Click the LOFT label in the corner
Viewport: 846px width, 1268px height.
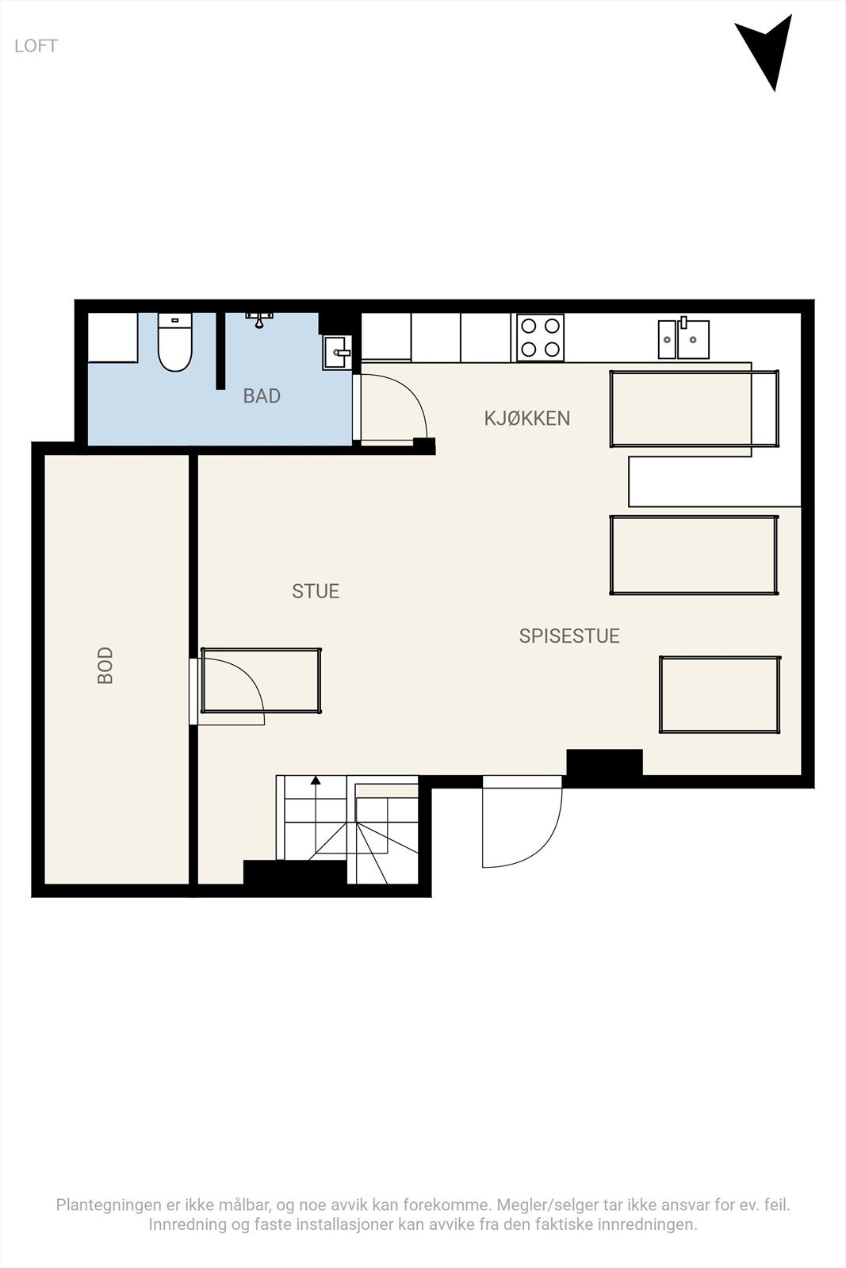tap(36, 46)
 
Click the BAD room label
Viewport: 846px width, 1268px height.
tap(262, 396)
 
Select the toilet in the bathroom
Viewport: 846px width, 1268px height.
tap(175, 345)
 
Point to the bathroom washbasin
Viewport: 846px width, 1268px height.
tap(336, 353)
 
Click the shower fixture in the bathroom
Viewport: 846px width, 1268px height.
tap(258, 319)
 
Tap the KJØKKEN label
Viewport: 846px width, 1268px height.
tap(527, 418)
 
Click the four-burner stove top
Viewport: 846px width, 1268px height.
tap(540, 338)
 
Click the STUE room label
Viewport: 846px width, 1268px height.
tap(316, 591)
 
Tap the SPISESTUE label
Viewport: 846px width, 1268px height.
tap(569, 636)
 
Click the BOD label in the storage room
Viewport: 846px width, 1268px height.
tap(105, 666)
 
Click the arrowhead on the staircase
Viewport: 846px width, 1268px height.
tap(316, 781)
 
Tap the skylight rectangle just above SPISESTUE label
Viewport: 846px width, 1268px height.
tap(694, 555)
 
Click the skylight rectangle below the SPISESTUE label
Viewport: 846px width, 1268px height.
tap(719, 694)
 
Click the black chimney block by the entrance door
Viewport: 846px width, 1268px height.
tap(604, 763)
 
